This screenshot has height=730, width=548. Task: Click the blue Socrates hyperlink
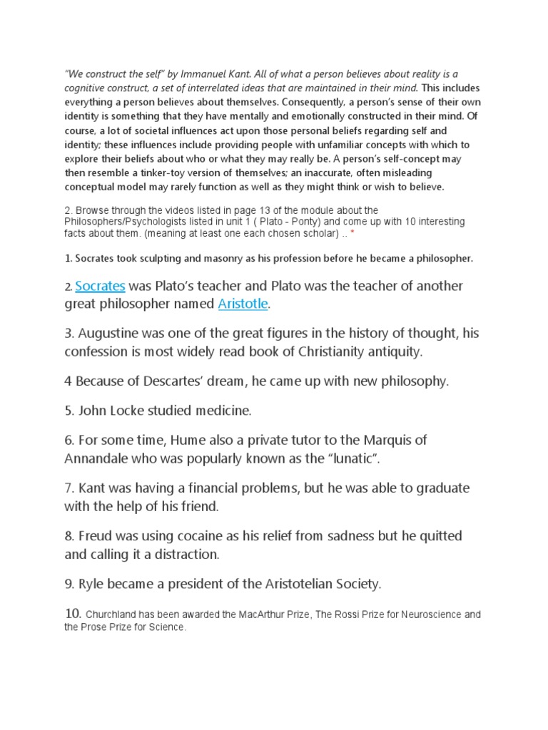(x=101, y=287)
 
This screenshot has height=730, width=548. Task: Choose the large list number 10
(x=73, y=613)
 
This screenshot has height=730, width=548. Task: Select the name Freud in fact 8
(x=97, y=536)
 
